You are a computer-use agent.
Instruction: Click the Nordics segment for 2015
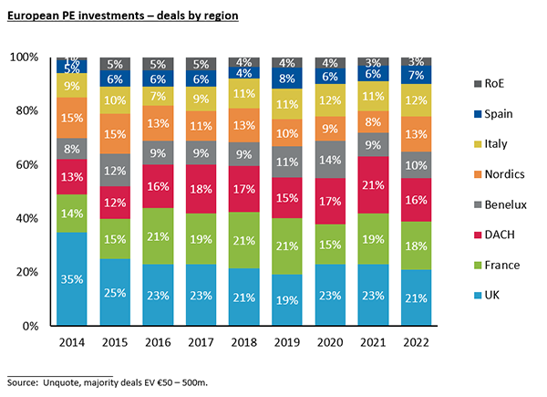[116, 134]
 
